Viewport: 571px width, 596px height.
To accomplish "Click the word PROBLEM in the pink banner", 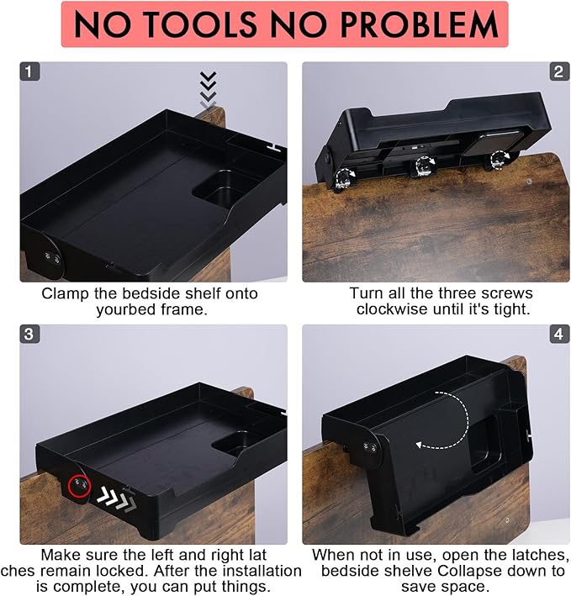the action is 419,24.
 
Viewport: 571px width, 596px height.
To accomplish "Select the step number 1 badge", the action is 29,71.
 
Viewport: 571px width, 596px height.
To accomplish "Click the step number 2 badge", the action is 559,71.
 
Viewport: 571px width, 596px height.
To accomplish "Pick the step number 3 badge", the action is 29,335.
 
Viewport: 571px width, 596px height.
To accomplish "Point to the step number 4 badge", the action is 559,335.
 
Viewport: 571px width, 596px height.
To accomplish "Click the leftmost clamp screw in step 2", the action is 344,179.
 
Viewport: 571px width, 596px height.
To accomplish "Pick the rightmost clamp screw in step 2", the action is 499,160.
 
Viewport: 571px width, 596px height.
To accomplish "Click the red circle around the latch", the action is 79,486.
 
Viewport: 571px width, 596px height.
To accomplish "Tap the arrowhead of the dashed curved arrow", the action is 420,445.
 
